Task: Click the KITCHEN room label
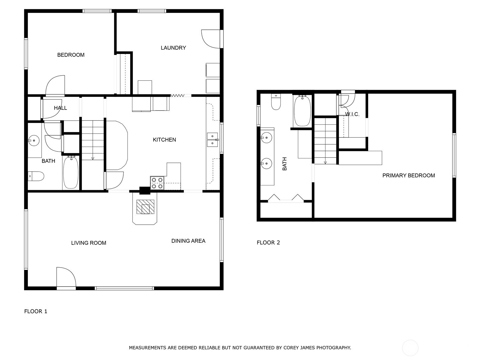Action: (164, 140)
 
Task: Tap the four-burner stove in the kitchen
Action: (157, 183)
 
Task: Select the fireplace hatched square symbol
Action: (145, 207)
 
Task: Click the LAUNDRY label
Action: (173, 48)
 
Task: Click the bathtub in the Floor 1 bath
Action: (71, 172)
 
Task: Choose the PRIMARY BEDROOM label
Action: (408, 175)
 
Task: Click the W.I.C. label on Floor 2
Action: (352, 114)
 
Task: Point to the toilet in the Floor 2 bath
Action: (276, 102)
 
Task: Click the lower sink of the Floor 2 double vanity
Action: (266, 163)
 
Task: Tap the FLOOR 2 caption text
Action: (268, 242)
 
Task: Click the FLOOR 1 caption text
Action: (36, 311)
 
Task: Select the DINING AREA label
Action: (188, 241)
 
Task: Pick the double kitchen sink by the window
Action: (212, 140)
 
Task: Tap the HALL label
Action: (60, 108)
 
